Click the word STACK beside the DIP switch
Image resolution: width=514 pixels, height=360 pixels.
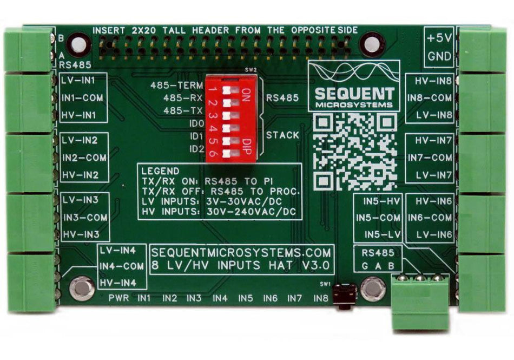pos(282,135)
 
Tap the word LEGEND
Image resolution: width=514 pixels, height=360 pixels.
pos(160,171)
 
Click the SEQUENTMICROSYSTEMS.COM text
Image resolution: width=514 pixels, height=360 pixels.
pos(242,252)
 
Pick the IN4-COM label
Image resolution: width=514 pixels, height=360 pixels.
pos(122,266)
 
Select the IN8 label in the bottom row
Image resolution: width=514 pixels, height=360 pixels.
pos(320,298)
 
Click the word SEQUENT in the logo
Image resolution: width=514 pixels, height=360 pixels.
pos(355,93)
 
